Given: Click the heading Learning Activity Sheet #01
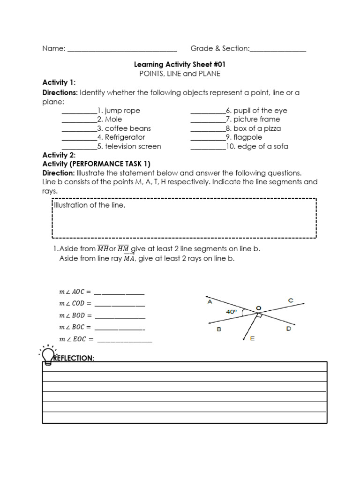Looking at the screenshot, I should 183,64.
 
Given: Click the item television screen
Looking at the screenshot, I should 133,146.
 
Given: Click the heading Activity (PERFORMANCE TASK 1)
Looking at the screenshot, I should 96,164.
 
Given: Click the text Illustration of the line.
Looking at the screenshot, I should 90,205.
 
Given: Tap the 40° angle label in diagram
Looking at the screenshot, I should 232,311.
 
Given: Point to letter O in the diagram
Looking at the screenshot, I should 258,308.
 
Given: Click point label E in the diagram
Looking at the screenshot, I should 252,338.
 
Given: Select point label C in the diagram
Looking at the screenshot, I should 291,300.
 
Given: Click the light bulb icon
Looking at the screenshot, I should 48,355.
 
